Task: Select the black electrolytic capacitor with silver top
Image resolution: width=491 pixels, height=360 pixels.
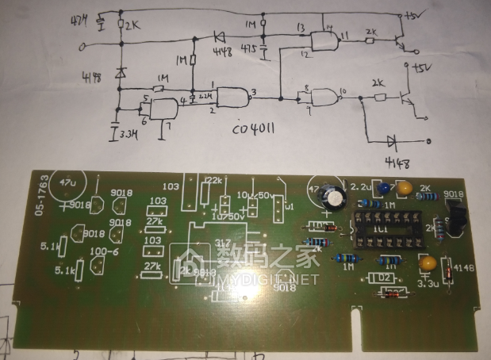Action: pos(335,197)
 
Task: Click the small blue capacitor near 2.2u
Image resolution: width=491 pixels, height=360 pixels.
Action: pos(384,189)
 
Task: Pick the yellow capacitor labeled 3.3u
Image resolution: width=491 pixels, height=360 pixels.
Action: pos(427,265)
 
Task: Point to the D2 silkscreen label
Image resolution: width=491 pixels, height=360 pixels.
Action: pos(384,278)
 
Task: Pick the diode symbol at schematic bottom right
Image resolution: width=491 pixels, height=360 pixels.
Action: pos(392,141)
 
